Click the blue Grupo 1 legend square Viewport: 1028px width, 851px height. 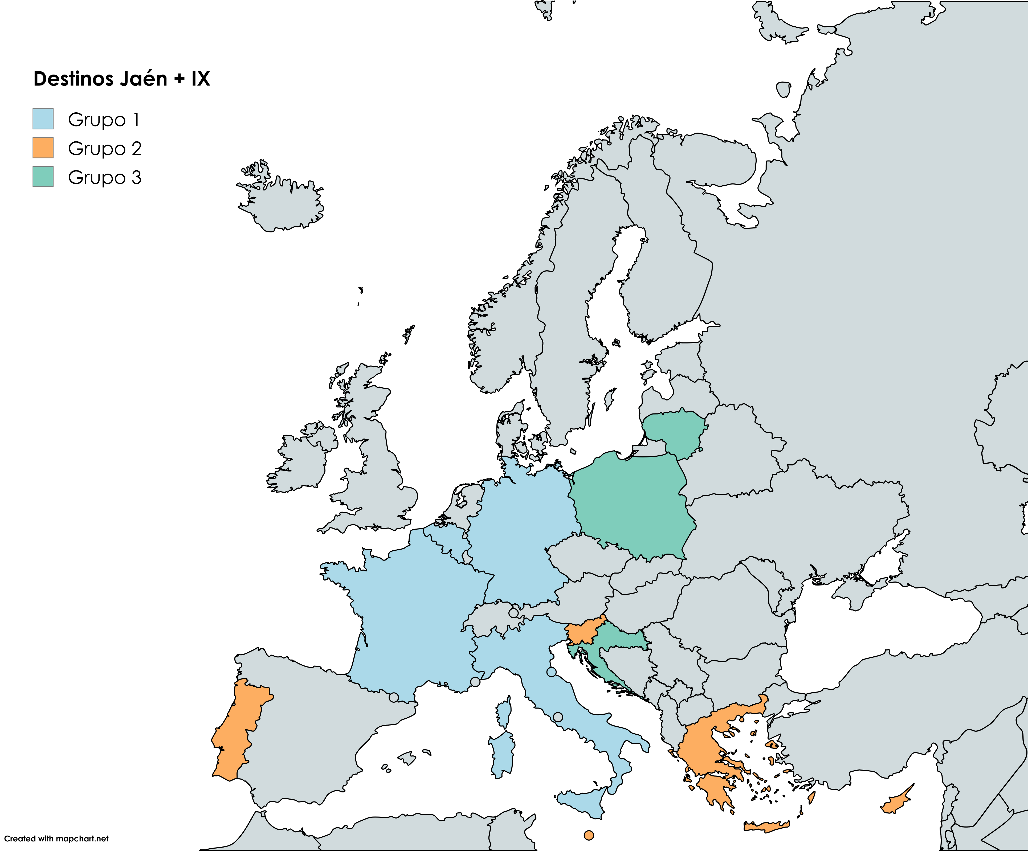(x=43, y=119)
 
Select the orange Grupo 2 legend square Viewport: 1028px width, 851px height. (x=43, y=148)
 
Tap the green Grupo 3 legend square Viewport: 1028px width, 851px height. (x=43, y=177)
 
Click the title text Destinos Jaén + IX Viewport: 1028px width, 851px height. (x=121, y=79)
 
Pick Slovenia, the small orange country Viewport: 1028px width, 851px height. (x=582, y=635)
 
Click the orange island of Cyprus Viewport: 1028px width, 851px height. (x=896, y=803)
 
